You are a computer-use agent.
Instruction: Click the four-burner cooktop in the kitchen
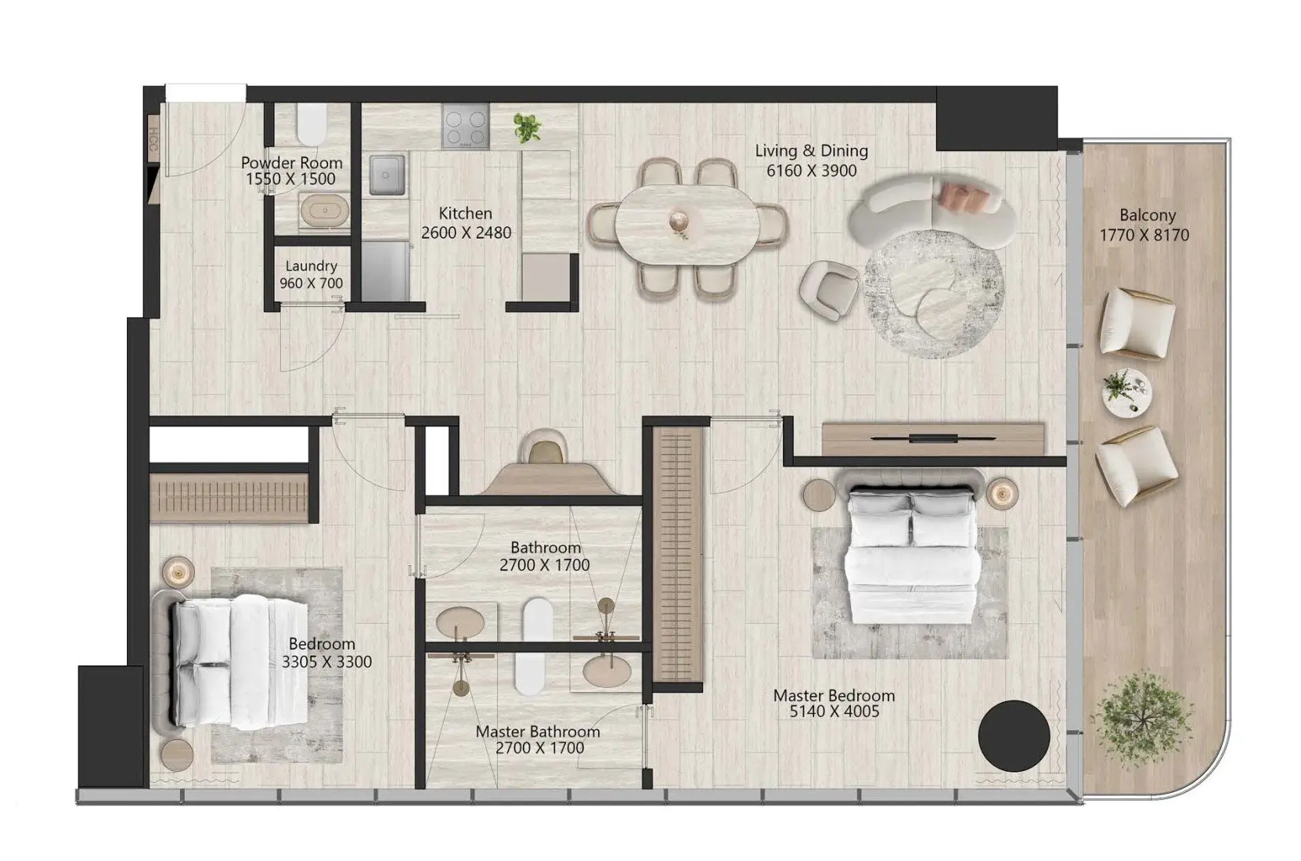pyautogui.click(x=465, y=127)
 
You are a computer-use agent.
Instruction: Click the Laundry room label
pyautogui.click(x=312, y=266)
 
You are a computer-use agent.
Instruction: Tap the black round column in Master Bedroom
pyautogui.click(x=1014, y=736)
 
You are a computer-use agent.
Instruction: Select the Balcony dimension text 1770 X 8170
pyautogui.click(x=1144, y=235)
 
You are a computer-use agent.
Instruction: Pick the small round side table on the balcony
pyautogui.click(x=1126, y=392)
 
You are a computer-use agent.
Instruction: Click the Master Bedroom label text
pyautogui.click(x=834, y=696)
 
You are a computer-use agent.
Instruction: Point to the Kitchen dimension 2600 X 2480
pyautogui.click(x=466, y=232)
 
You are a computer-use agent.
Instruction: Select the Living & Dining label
pyautogui.click(x=812, y=151)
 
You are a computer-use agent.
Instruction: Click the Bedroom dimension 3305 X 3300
pyautogui.click(x=326, y=662)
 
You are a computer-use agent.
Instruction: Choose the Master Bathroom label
pyautogui.click(x=537, y=732)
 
